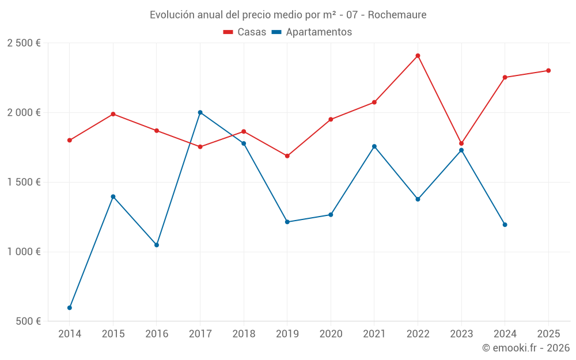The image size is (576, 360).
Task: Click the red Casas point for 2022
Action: click(x=418, y=56)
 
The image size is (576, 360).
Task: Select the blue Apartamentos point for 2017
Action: click(x=200, y=112)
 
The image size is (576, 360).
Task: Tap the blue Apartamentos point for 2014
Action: click(x=70, y=308)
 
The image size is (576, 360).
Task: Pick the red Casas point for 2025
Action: click(x=548, y=70)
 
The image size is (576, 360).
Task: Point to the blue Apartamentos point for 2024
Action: click(x=505, y=225)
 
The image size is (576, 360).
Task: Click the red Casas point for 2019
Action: click(x=287, y=156)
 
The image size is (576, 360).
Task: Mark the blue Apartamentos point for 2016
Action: click(x=157, y=245)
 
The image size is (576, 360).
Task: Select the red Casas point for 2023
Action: click(x=461, y=143)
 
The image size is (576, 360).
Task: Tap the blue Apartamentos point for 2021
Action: click(x=374, y=146)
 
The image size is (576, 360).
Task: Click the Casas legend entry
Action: click(x=245, y=32)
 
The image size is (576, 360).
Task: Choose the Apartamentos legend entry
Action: click(x=312, y=32)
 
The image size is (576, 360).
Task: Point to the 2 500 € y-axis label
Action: click(x=24, y=43)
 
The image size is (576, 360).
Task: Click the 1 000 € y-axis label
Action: click(x=24, y=252)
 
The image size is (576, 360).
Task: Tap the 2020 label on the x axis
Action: click(x=331, y=334)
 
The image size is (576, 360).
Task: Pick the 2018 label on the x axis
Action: click(x=244, y=334)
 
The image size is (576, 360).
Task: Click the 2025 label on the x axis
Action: click(x=548, y=334)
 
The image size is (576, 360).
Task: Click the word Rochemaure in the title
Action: click(x=397, y=14)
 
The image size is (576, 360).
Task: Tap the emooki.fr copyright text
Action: click(x=526, y=348)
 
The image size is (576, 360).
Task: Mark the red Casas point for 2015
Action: click(x=113, y=114)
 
